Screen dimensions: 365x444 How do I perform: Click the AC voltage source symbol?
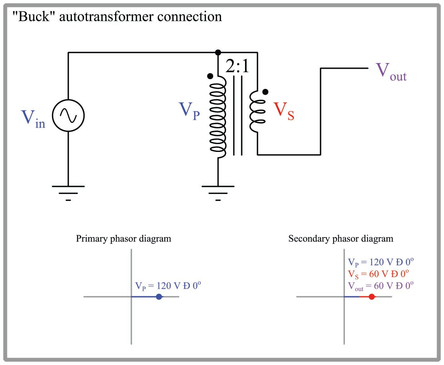(x=68, y=116)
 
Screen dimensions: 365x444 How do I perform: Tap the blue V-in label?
(x=33, y=119)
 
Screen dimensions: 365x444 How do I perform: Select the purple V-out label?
(x=391, y=72)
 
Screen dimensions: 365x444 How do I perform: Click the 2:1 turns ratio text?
(x=237, y=67)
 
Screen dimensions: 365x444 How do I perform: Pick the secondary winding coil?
(x=257, y=112)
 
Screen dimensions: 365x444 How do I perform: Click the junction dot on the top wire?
(x=218, y=52)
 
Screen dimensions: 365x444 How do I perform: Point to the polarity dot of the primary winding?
(x=210, y=76)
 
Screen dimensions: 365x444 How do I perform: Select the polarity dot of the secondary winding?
(x=266, y=92)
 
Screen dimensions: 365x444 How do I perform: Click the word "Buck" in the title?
(x=31, y=16)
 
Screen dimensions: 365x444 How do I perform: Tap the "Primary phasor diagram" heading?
(x=123, y=239)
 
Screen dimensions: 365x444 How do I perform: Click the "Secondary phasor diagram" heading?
(x=341, y=239)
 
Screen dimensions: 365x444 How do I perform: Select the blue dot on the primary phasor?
(x=159, y=297)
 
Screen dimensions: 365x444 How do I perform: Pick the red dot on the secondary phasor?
(x=372, y=297)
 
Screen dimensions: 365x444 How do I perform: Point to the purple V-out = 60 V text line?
(x=381, y=286)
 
